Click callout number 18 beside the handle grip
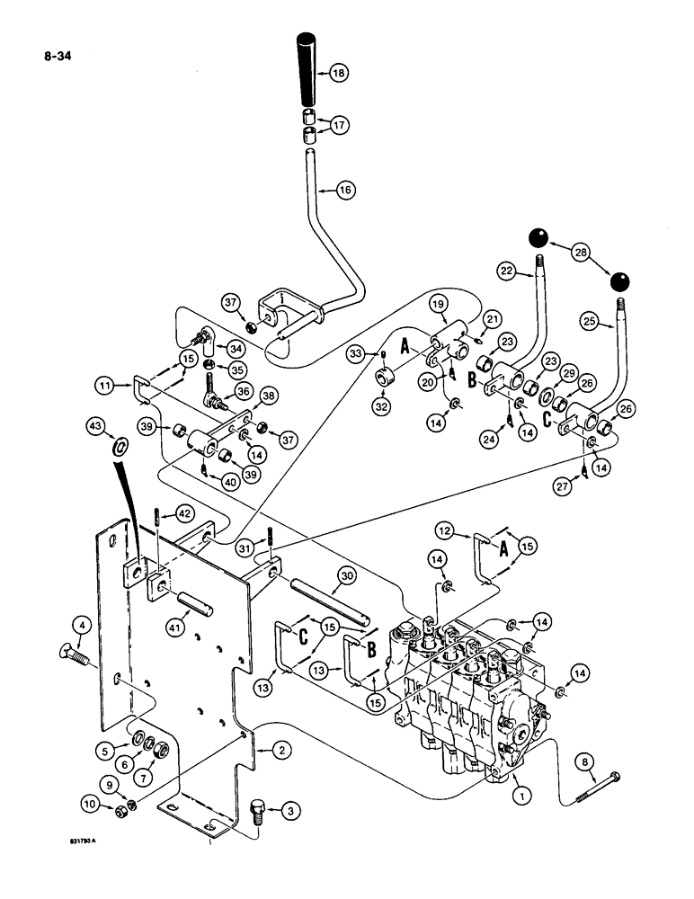(x=337, y=75)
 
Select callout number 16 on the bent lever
(x=344, y=190)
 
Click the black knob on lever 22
(x=538, y=238)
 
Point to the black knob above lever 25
(x=618, y=283)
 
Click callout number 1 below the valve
(x=519, y=793)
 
